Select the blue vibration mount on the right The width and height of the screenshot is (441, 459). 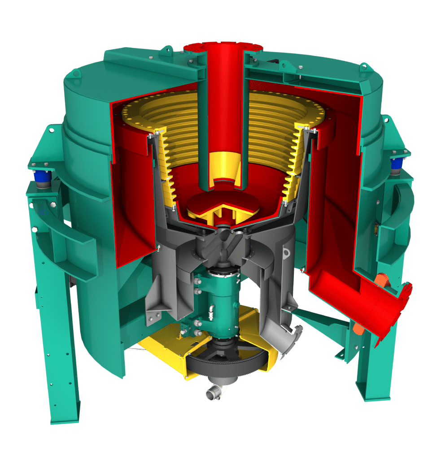coord(396,166)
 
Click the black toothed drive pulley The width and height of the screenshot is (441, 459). coord(224,364)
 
